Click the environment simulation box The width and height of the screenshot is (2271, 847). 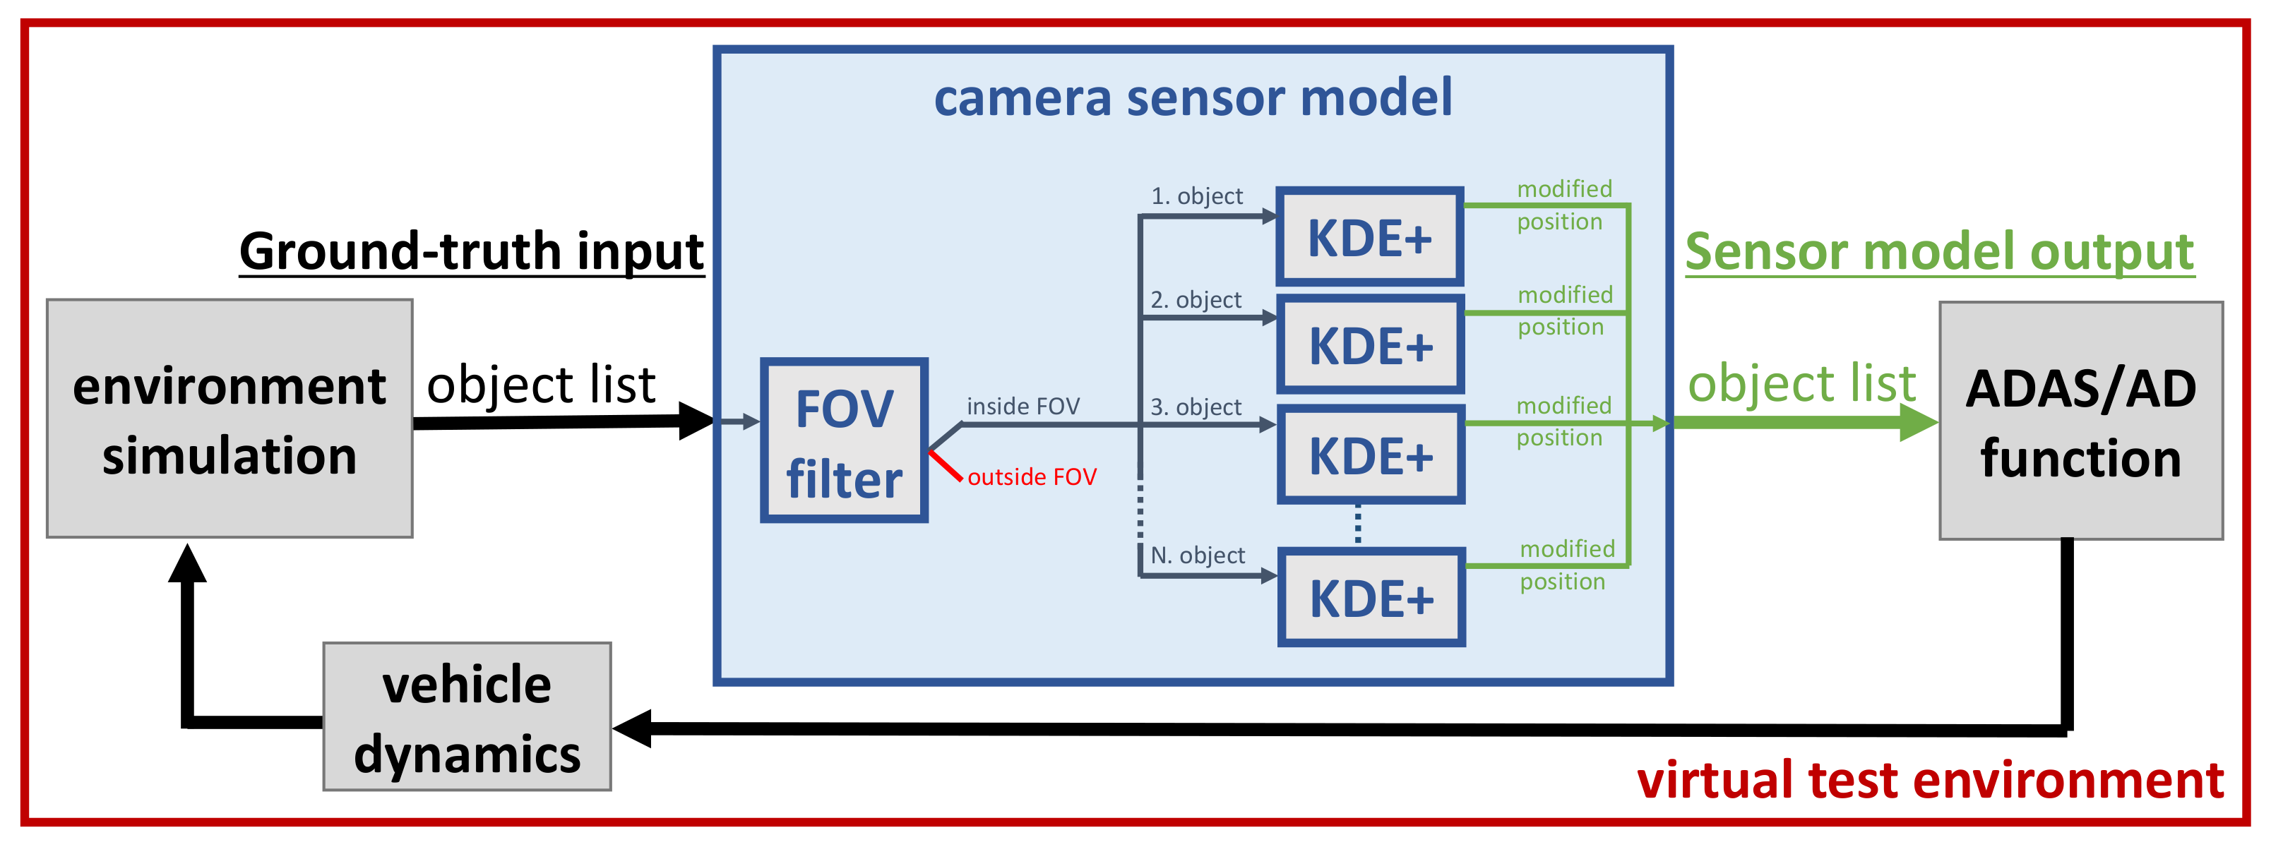[230, 419]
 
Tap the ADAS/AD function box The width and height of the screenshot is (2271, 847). [2080, 421]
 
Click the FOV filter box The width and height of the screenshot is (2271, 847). [844, 440]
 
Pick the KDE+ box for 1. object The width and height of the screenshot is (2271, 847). [1370, 236]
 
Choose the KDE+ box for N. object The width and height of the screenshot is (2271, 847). [1371, 598]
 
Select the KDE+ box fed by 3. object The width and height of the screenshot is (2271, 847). [1371, 455]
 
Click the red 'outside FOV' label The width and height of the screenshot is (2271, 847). [1032, 477]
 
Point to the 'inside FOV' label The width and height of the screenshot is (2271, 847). [1023, 407]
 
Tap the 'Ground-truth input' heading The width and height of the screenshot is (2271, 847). [472, 251]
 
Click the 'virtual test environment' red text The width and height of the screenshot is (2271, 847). [1930, 780]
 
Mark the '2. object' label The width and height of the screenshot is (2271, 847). [1196, 300]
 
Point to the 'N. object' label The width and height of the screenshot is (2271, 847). [1197, 555]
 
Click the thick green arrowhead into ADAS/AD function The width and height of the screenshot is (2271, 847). [1917, 423]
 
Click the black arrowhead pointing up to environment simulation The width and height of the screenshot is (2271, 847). [188, 564]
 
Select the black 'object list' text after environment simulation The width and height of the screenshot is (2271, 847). [540, 385]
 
